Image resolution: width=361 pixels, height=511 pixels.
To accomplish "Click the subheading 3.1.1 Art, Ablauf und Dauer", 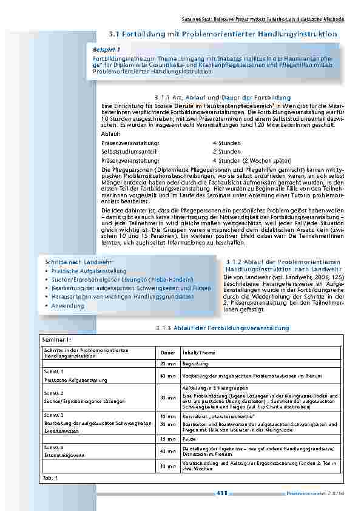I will pyautogui.click(x=214, y=98).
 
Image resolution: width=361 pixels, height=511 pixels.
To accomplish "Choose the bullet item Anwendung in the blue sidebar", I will pyautogui.click(x=68, y=306).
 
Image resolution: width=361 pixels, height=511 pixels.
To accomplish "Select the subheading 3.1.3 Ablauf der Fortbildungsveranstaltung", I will pyautogui.click(x=221, y=328).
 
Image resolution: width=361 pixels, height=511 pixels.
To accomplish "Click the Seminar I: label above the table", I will pyautogui.click(x=56, y=340).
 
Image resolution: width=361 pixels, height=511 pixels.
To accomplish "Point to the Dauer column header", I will pyautogui.click(x=167, y=353).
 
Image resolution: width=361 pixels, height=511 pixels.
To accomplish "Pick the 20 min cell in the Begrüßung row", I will pyautogui.click(x=167, y=364).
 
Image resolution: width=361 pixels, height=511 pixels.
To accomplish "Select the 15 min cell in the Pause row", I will pyautogui.click(x=167, y=438).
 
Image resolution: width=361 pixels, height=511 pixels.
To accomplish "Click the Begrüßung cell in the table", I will pyautogui.click(x=194, y=364).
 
